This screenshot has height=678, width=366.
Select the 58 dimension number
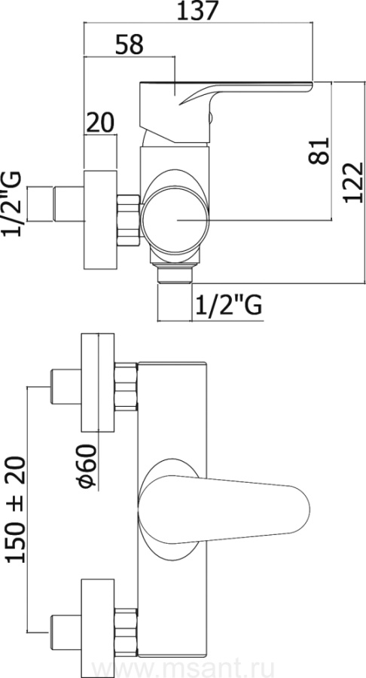click(x=130, y=44)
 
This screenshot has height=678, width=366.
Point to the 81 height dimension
click(x=319, y=151)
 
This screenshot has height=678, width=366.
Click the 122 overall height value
click(x=353, y=182)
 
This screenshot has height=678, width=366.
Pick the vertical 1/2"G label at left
click(x=11, y=203)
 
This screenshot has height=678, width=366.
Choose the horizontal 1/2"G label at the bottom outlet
click(x=229, y=306)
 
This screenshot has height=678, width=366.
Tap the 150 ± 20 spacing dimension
click(x=17, y=509)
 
